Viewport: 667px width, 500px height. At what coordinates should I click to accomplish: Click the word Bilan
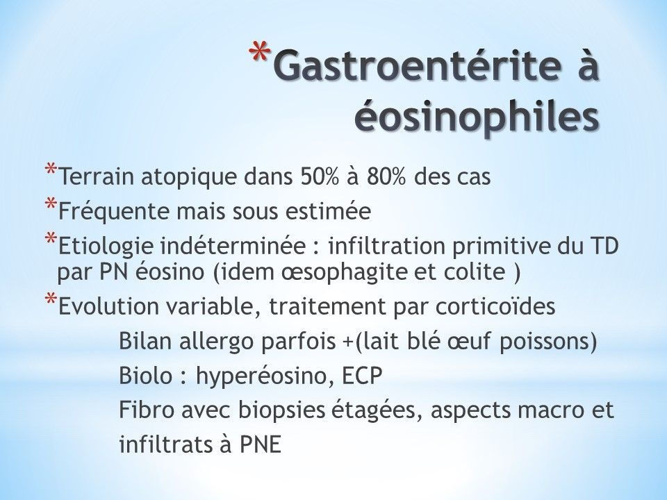click(x=146, y=341)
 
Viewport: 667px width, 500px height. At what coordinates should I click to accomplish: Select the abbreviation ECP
click(x=361, y=376)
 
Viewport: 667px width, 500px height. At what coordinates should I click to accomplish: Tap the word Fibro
click(x=147, y=410)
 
